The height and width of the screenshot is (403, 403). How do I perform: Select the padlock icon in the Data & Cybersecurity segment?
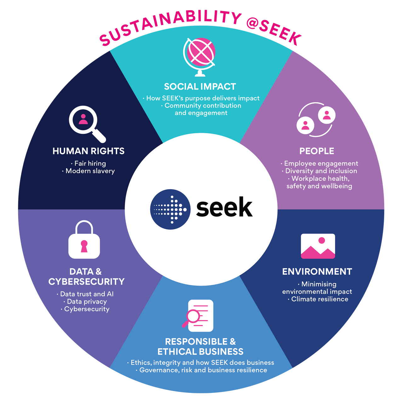[x=84, y=240]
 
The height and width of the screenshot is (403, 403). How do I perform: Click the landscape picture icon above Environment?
[x=318, y=246]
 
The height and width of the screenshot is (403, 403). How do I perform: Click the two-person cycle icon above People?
[x=316, y=120]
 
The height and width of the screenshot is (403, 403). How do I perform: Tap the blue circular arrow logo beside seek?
[x=170, y=209]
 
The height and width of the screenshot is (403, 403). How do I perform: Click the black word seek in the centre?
[x=224, y=207]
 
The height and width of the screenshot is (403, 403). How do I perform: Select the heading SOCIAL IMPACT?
[x=200, y=87]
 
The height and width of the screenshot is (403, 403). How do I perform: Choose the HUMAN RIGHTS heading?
[x=88, y=151]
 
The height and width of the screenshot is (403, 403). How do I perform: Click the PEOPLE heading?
[x=317, y=151]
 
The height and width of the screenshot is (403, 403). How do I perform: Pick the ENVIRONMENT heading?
[x=317, y=272]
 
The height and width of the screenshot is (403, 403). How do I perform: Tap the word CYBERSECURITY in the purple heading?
[x=86, y=282]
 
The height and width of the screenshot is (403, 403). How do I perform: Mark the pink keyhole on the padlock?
[x=84, y=246]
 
